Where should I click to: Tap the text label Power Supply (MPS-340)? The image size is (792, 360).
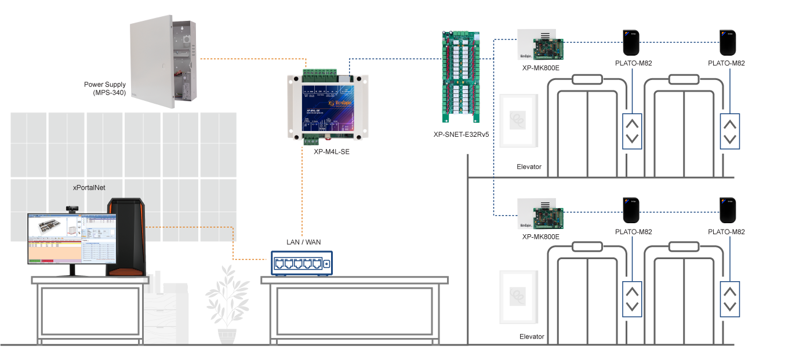[x=108, y=88]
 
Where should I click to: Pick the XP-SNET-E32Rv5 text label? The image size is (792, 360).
[x=461, y=134]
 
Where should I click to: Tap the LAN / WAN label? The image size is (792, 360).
[x=303, y=242]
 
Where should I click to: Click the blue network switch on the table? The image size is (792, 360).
[x=301, y=263]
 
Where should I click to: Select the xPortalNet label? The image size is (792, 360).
[x=89, y=188]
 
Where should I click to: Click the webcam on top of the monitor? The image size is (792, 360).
[x=72, y=208]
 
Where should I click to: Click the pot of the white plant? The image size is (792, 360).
[x=227, y=336]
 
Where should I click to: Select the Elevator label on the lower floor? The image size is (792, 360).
[x=531, y=336]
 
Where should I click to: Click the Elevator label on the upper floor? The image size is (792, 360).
[x=529, y=167]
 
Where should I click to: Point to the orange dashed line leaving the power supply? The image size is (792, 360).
[x=249, y=59]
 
